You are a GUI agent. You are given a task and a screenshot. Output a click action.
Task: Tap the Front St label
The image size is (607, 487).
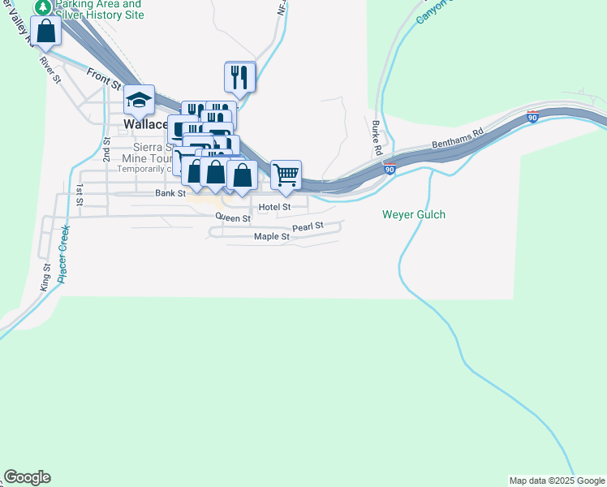[x=104, y=79]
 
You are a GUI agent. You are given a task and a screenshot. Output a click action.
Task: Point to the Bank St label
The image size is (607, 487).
[x=170, y=193]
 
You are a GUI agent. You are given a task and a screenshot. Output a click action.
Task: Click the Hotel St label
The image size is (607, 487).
[x=274, y=207]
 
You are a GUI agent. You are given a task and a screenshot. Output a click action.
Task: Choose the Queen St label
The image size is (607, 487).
[x=233, y=218]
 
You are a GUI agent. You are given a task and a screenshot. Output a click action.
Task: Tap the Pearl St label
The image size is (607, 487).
[x=308, y=226]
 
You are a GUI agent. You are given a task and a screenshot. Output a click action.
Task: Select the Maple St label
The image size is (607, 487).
[x=271, y=237]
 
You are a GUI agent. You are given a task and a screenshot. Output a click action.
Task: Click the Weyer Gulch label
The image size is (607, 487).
[x=414, y=215]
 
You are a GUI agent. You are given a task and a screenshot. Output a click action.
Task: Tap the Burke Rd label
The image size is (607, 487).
[x=377, y=139]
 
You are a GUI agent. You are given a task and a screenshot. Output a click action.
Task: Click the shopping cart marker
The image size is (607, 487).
[x=286, y=175]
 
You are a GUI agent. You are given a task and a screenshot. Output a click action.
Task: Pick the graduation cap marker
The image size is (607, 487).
[x=140, y=100]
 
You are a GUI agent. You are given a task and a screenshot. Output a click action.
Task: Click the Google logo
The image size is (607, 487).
[x=27, y=477]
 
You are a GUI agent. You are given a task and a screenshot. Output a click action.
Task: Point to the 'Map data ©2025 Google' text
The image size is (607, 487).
[x=557, y=481]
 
